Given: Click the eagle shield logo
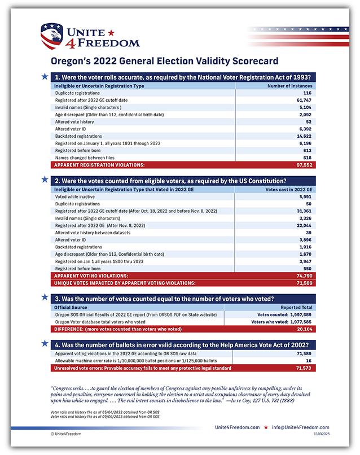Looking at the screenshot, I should point(51,36).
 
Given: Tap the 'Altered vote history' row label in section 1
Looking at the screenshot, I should point(74,121).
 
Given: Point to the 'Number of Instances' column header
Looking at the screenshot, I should point(289,86).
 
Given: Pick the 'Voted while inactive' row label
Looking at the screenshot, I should point(73,196).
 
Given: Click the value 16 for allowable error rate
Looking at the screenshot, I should point(308,361).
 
